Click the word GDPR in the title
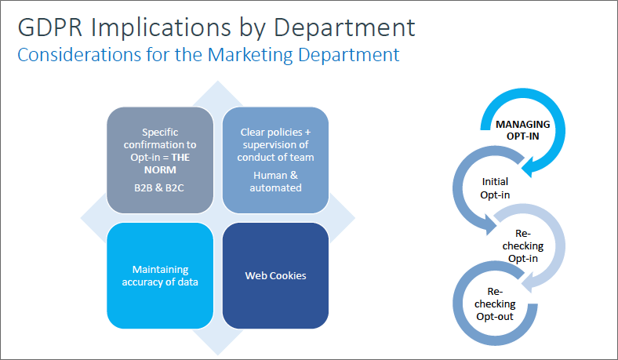pyautogui.click(x=50, y=27)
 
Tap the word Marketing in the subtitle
pyautogui.click(x=250, y=55)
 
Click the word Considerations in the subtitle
pyautogui.click(x=79, y=55)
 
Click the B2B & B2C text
pyautogui.click(x=159, y=187)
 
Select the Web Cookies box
pyautogui.click(x=275, y=275)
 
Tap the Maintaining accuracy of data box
pyautogui.click(x=160, y=275)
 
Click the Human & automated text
pyautogui.click(x=275, y=181)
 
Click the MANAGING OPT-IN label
pyautogui.click(x=522, y=130)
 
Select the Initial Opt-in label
pyautogui.click(x=495, y=188)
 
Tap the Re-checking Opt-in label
pyautogui.click(x=523, y=245)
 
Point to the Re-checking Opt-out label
pyautogui.click(x=495, y=304)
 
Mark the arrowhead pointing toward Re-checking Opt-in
pyautogui.click(x=490, y=226)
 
